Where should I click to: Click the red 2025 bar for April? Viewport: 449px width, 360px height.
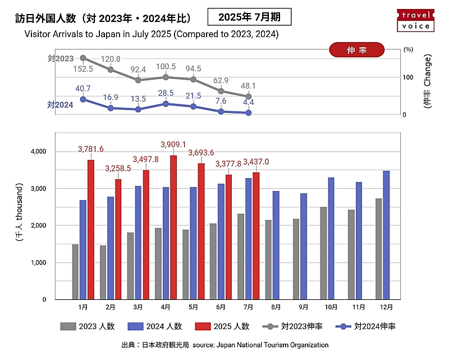coord(173,227)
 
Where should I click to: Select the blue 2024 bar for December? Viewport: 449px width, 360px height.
coord(386,235)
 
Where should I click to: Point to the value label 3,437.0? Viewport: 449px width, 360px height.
coord(256,162)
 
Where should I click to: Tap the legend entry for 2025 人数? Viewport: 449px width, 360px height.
coord(223,326)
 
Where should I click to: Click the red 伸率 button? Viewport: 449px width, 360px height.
coord(357,50)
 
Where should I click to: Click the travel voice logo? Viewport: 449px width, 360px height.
coord(416,20)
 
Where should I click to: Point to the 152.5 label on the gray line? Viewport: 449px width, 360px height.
coord(84,69)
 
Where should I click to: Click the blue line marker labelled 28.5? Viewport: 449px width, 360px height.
coord(166,104)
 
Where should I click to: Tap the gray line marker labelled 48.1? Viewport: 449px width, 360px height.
coord(249,97)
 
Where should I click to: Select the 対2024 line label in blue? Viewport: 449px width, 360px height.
coord(60,104)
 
